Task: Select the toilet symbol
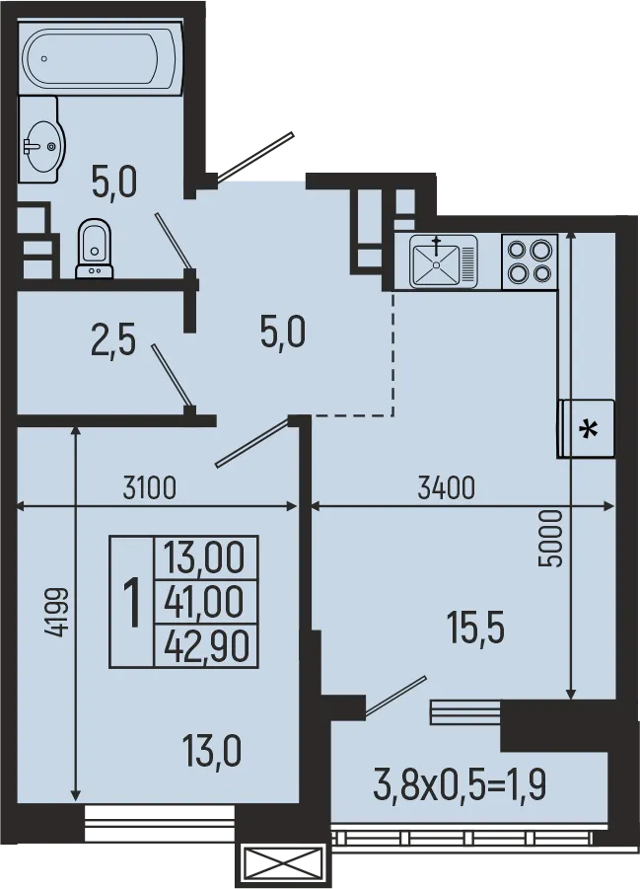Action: point(95,248)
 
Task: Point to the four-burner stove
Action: point(530,261)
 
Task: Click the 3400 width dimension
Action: point(447,486)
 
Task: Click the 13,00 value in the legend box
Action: point(205,557)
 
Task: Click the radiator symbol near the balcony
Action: point(464,712)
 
